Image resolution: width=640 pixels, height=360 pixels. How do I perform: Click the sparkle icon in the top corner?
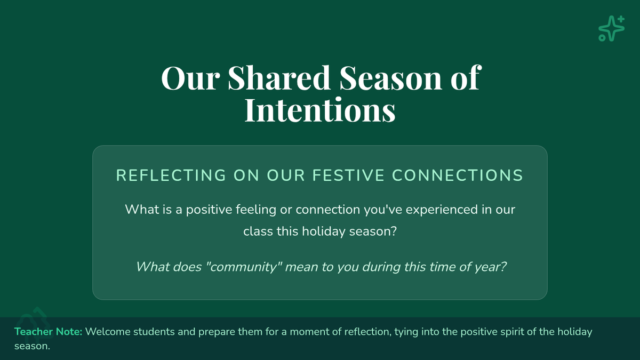(x=611, y=29)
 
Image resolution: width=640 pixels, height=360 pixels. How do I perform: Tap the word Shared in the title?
(x=278, y=78)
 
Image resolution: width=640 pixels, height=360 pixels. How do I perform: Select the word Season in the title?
(x=390, y=78)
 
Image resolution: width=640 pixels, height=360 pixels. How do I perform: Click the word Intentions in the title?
(x=320, y=110)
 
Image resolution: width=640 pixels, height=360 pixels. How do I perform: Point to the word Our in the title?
(x=190, y=78)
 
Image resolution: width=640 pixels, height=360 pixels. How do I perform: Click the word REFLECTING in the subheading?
(x=171, y=175)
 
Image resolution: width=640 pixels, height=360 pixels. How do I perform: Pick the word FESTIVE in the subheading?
(x=348, y=175)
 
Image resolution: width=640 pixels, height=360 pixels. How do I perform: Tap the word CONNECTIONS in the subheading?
(x=458, y=175)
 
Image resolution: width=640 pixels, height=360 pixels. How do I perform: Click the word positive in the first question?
(x=209, y=210)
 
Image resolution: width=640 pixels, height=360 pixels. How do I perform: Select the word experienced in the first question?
(x=442, y=210)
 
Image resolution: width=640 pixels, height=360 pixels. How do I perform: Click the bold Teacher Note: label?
(x=49, y=332)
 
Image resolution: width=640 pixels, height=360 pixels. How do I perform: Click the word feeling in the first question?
(x=256, y=210)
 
